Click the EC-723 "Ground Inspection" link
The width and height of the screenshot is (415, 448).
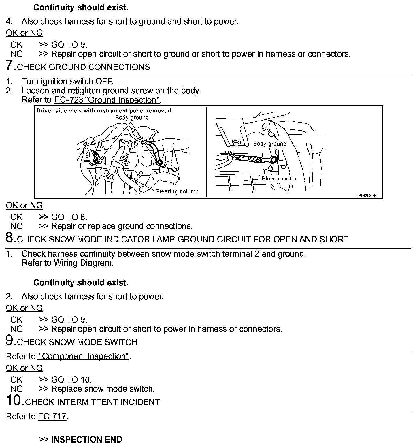107,100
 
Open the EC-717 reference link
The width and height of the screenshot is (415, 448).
52,417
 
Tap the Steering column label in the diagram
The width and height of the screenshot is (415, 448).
177,191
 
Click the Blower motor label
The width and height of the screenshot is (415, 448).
279,179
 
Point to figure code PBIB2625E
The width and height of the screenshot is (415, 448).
366,195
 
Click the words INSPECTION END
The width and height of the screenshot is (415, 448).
86,440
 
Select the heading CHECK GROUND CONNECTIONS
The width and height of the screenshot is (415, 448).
84,67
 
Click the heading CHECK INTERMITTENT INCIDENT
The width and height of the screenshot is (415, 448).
93,402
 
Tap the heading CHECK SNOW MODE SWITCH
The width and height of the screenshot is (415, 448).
77,342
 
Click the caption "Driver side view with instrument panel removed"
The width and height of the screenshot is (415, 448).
104,111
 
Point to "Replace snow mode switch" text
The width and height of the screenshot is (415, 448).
103,389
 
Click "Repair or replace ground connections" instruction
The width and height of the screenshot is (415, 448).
122,226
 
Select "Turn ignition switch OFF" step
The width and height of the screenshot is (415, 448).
67,82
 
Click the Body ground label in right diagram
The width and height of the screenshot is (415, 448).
269,144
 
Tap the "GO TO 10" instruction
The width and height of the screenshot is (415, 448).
71,380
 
